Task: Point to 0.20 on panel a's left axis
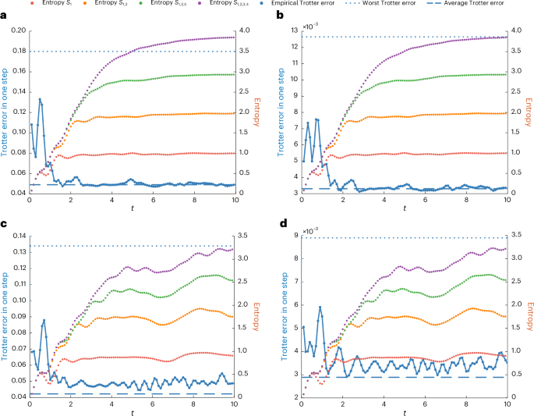[16, 31]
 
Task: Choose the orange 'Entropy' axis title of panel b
[529, 112]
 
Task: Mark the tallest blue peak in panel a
[40, 99]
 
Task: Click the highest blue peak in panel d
[320, 307]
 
